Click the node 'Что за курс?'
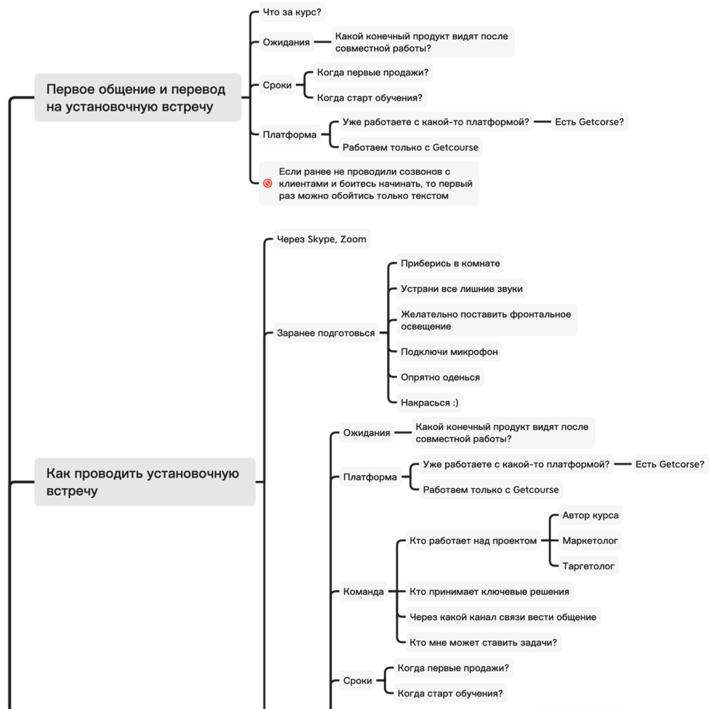[x=292, y=12]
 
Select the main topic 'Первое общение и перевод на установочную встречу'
[x=137, y=97]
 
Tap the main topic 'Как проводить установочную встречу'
[x=144, y=482]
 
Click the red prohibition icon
[x=267, y=183]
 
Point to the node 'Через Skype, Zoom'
[x=321, y=239]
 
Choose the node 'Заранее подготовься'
[x=326, y=333]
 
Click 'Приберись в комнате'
[x=450, y=264]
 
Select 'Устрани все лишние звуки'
[x=461, y=289]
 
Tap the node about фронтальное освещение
[x=485, y=320]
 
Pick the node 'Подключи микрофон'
[x=449, y=352]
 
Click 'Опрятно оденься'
[x=440, y=377]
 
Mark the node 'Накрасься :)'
[x=429, y=403]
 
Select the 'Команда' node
[x=363, y=591]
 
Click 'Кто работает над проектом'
[x=472, y=541]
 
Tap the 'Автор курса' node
[x=590, y=515]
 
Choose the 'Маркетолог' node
[x=590, y=541]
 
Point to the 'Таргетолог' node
[x=588, y=566]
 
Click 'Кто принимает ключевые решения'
[x=489, y=591]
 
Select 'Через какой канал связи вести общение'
[x=503, y=617]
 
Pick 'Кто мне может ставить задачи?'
[x=483, y=642]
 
